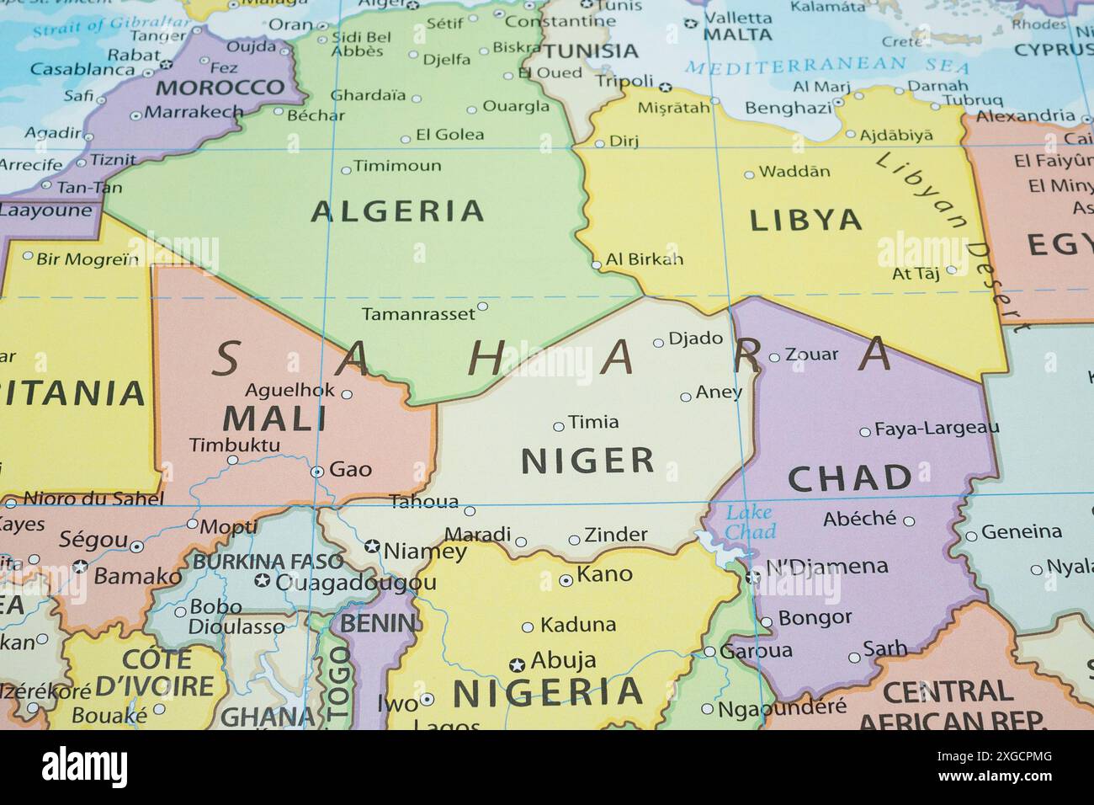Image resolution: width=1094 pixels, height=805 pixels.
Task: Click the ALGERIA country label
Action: click(x=397, y=211)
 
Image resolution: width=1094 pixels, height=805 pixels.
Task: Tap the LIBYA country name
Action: click(x=805, y=220)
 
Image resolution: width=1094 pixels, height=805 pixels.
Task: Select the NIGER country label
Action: click(x=587, y=461)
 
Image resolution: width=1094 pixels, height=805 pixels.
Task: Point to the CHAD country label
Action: click(x=850, y=478)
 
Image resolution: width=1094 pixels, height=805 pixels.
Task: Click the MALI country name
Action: click(x=275, y=418)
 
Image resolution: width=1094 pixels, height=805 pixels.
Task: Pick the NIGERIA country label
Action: click(x=548, y=692)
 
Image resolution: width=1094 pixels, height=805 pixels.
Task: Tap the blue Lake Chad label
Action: click(x=750, y=522)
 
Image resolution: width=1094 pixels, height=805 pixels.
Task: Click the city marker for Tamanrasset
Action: click(x=482, y=307)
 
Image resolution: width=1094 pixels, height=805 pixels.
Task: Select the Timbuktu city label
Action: click(x=234, y=445)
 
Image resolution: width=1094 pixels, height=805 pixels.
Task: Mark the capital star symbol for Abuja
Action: click(x=517, y=665)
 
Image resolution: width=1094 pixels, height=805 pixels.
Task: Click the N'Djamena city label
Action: click(x=826, y=566)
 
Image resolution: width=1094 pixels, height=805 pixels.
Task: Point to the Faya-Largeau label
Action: click(x=937, y=429)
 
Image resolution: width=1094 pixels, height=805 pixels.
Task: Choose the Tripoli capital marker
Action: click(x=665, y=87)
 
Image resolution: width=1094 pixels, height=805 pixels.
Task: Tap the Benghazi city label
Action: click(x=788, y=108)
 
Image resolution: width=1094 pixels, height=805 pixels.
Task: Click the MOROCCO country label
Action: click(x=220, y=87)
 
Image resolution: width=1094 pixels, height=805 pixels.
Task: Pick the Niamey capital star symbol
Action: click(x=372, y=546)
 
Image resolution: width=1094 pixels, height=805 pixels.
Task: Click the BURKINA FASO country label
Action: click(x=268, y=561)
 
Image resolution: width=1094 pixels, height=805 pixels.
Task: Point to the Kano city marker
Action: click(x=566, y=580)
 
